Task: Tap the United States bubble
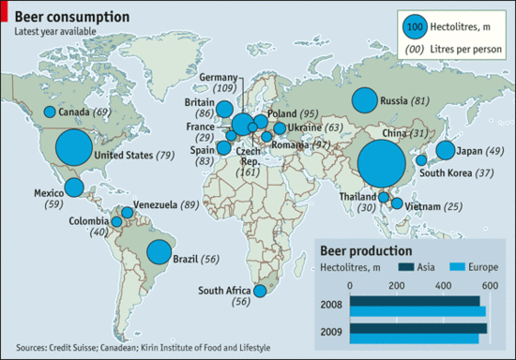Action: [x=74, y=148]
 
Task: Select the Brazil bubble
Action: [x=159, y=251]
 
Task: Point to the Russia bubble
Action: [x=364, y=100]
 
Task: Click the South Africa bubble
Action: [x=261, y=292]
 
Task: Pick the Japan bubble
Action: [x=445, y=151]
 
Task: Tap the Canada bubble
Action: [x=50, y=112]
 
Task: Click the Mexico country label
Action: [x=48, y=193]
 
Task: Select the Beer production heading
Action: [x=366, y=250]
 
